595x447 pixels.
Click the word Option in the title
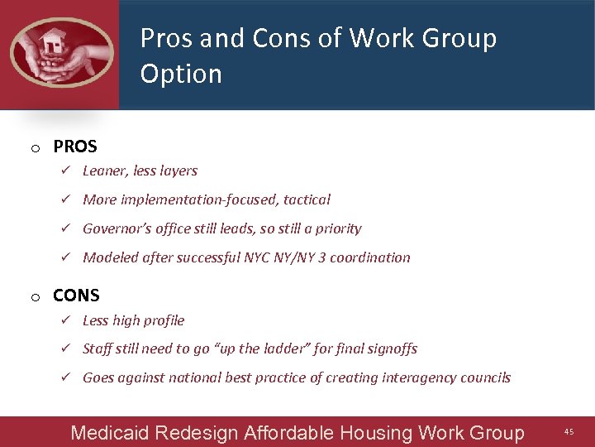click(181, 74)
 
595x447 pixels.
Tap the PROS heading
click(75, 147)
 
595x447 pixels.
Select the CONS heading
click(76, 296)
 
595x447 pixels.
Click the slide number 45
click(569, 431)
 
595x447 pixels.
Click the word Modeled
click(111, 257)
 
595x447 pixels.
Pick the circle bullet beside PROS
click(36, 149)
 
